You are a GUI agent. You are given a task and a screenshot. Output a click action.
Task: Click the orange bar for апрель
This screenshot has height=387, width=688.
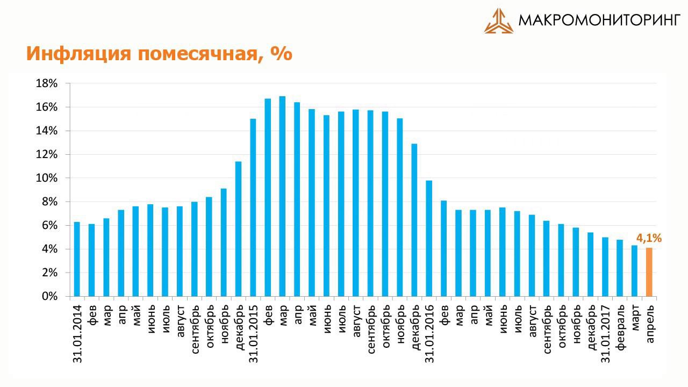tap(649, 272)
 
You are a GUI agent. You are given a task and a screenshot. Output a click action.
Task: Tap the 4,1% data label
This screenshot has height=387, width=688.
tap(649, 238)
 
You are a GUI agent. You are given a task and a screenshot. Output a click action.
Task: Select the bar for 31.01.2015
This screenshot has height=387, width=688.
tap(253, 207)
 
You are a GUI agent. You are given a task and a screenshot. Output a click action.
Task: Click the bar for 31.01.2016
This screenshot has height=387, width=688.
tap(429, 238)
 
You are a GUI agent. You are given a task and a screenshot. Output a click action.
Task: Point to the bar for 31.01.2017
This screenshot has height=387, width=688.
tap(605, 267)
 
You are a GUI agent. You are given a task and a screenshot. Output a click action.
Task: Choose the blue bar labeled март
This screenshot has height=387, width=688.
tap(634, 271)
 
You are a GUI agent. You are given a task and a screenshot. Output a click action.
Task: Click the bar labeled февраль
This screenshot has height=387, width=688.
tap(620, 268)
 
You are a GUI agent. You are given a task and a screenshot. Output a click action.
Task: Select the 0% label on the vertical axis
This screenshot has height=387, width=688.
tap(49, 296)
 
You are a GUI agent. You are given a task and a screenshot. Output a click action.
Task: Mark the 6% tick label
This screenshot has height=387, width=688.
tap(49, 225)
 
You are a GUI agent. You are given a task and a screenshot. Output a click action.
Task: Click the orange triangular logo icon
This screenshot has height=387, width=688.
tap(498, 21)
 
